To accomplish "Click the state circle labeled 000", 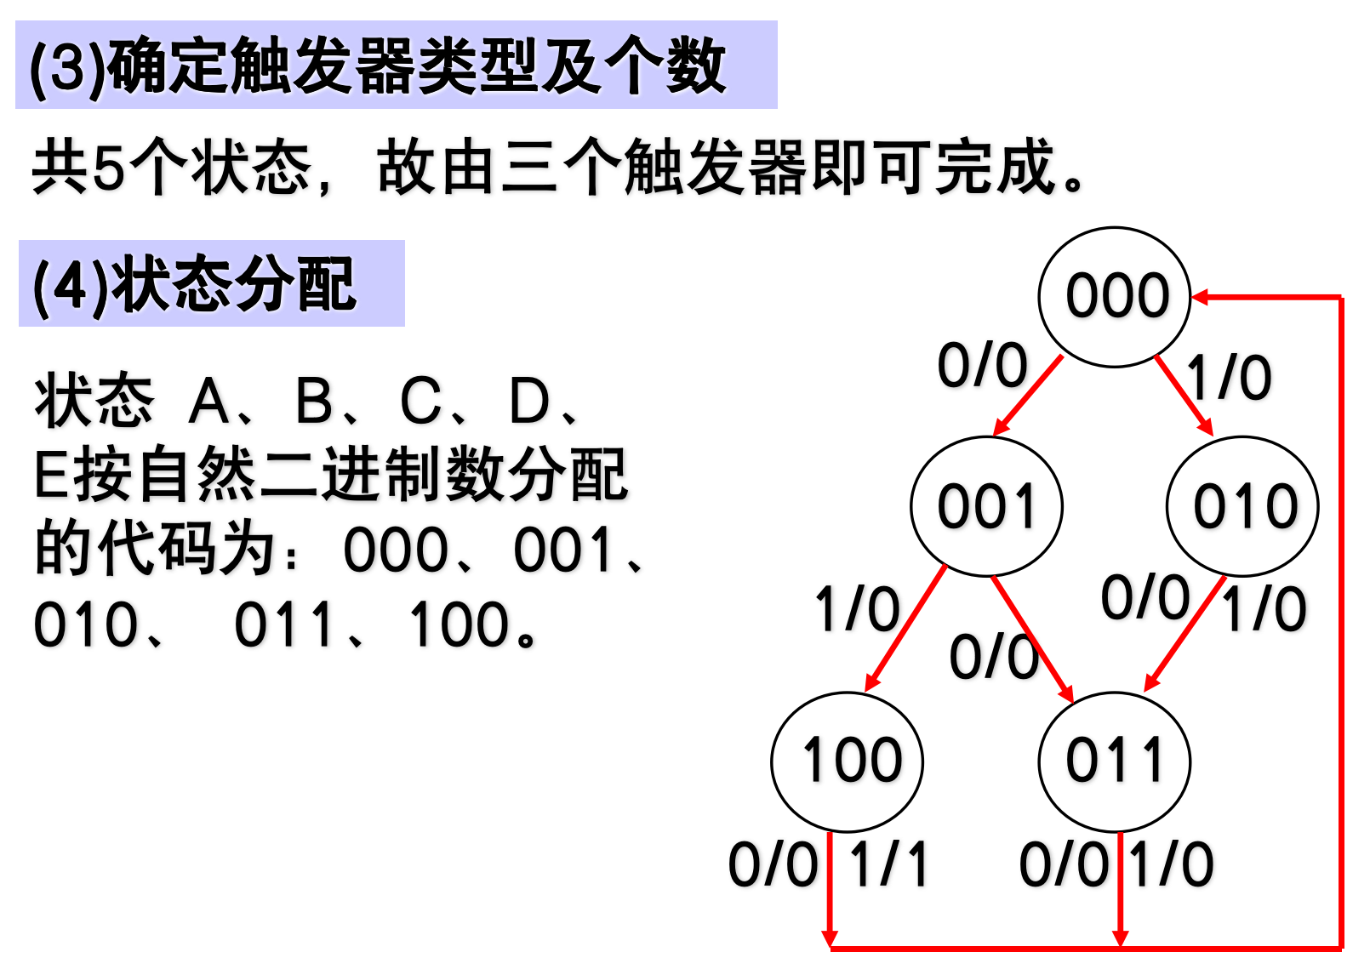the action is pyautogui.click(x=1114, y=297).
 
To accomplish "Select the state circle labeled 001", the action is pyautogui.click(x=986, y=507).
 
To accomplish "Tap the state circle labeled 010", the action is pyautogui.click(x=1242, y=507).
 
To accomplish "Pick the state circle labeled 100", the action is pyautogui.click(x=848, y=761).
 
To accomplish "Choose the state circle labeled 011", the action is pyautogui.click(x=1114, y=761).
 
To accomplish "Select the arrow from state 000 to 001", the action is pyautogui.click(x=1028, y=395).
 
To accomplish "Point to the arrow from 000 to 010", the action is pyautogui.click(x=1184, y=396).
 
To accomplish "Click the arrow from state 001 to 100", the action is pyautogui.click(x=906, y=628).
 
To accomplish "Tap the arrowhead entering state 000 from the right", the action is pyautogui.click(x=1200, y=297).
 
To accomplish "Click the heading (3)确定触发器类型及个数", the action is pyautogui.click(x=378, y=66).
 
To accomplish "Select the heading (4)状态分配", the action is pyautogui.click(x=194, y=284).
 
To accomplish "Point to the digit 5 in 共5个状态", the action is pyautogui.click(x=108, y=167).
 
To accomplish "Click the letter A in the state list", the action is pyautogui.click(x=209, y=402).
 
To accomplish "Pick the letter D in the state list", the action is pyautogui.click(x=529, y=402).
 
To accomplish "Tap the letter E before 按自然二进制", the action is pyautogui.click(x=51, y=476).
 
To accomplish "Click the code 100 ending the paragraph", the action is pyautogui.click(x=460, y=625).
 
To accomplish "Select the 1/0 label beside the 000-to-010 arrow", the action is pyautogui.click(x=1229, y=378).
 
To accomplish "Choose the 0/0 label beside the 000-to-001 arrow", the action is pyautogui.click(x=982, y=367).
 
